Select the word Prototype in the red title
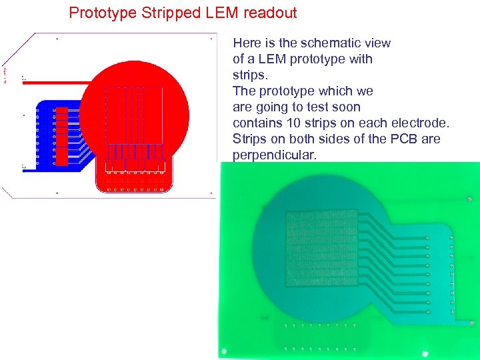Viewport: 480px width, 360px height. [100, 13]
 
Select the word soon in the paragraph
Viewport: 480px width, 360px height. [346, 107]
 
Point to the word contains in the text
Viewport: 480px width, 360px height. [259, 123]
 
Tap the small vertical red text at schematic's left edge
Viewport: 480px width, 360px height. [5, 73]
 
